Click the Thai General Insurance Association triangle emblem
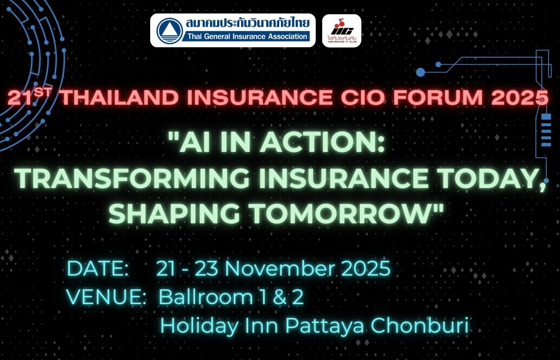coord(170,31)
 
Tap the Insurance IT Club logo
coord(342,31)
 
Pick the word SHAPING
coord(174,214)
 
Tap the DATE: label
coord(98,268)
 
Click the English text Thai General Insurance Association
coord(247,36)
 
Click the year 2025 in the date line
coord(366,268)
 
